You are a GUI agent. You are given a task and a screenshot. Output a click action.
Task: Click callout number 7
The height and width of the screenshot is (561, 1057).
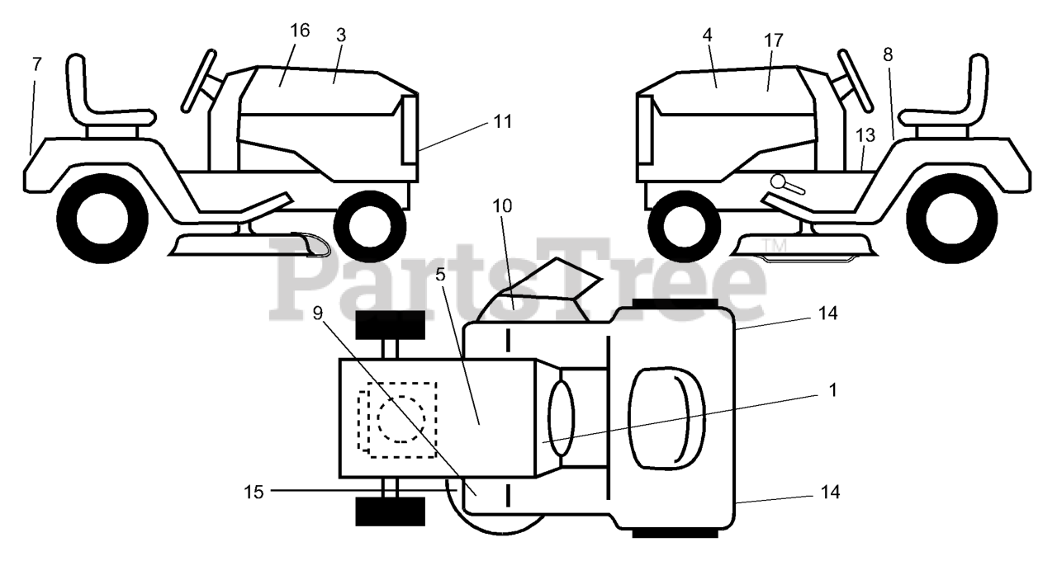tap(36, 64)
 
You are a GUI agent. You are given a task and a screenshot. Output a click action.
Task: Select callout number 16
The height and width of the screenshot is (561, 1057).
tap(300, 31)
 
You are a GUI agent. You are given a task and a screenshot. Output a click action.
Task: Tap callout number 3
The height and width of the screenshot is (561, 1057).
tap(341, 35)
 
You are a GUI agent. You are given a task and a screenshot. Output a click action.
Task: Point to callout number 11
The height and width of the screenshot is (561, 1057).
tap(503, 121)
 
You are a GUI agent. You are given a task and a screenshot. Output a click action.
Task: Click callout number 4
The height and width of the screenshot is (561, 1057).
tap(708, 35)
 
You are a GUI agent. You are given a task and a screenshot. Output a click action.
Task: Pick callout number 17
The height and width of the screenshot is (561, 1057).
tap(774, 40)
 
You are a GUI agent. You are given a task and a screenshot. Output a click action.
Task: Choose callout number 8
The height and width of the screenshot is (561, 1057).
tap(888, 55)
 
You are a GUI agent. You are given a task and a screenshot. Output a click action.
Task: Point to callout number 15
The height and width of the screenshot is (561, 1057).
tap(254, 492)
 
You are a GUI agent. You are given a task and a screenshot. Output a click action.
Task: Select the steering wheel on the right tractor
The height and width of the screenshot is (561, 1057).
tap(856, 79)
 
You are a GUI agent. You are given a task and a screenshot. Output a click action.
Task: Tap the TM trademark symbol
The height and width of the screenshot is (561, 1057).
tap(774, 245)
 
